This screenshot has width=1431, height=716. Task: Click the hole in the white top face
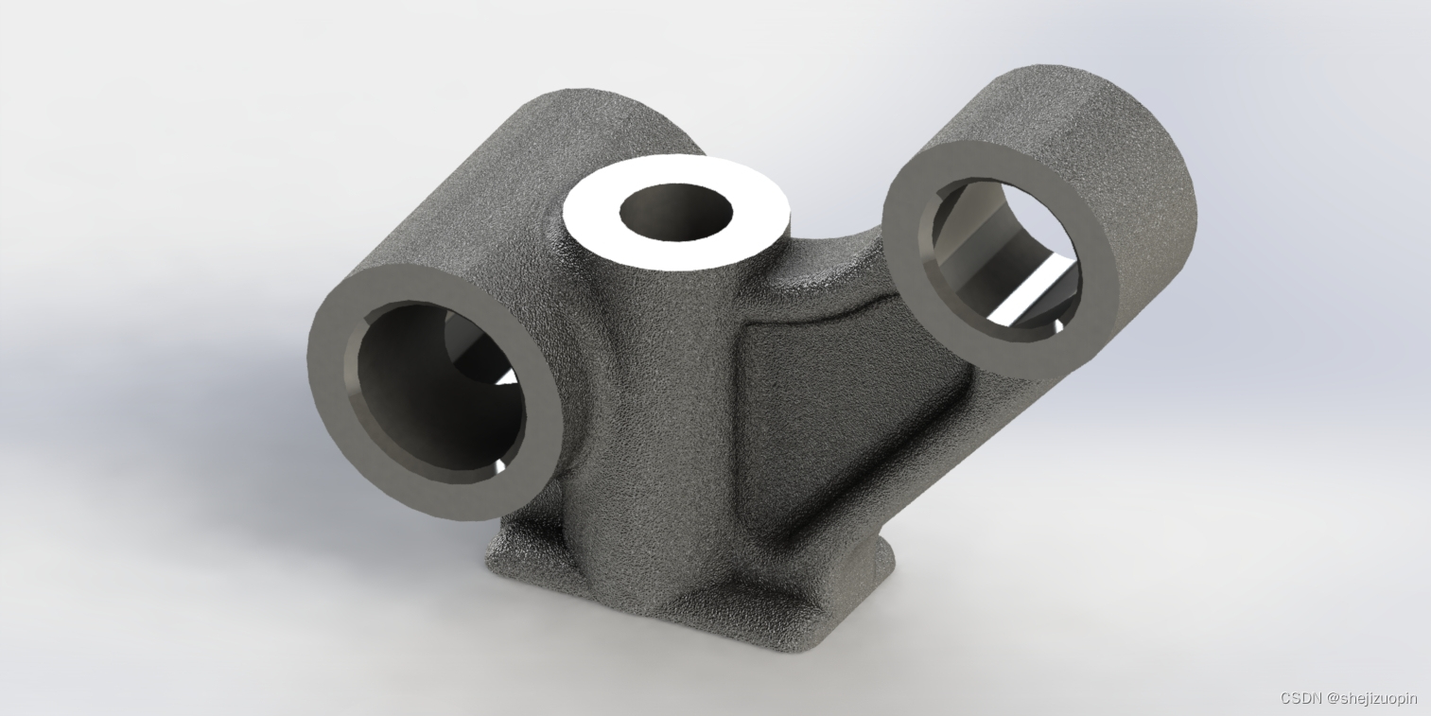(x=676, y=212)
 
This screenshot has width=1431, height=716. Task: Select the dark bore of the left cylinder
(x=434, y=396)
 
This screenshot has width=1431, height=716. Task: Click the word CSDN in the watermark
(x=1301, y=698)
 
